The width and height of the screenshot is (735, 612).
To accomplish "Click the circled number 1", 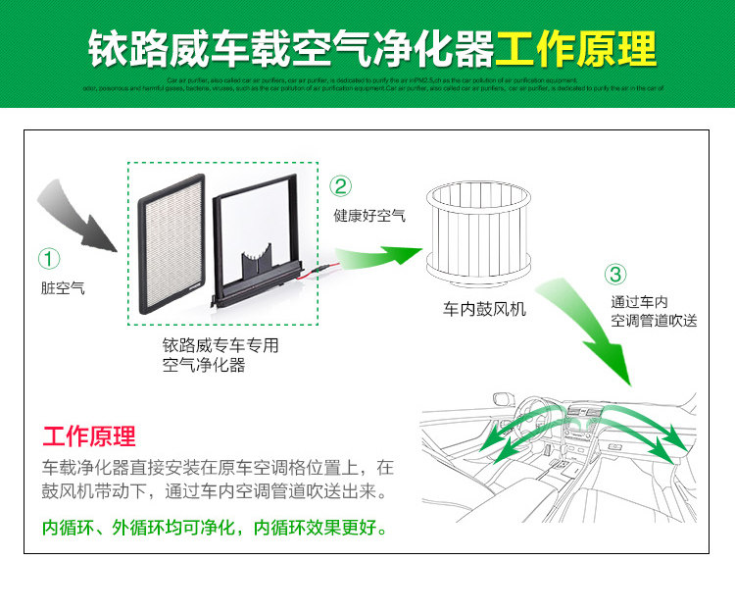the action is (49, 259).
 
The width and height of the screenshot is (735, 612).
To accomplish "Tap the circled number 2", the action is (341, 186).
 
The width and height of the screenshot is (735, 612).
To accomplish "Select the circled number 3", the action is (615, 275).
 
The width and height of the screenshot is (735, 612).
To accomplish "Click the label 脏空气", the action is (63, 288).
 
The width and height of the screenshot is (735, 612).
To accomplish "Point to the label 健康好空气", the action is (369, 215).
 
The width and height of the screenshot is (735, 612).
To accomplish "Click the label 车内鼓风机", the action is (484, 309).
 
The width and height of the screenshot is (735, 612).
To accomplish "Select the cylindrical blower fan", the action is (480, 229).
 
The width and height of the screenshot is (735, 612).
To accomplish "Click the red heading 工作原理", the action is (89, 435).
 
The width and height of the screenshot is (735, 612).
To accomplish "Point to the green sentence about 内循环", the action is (215, 527).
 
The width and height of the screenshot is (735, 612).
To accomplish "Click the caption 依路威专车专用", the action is (220, 345).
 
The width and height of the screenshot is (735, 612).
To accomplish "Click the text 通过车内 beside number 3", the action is (639, 302).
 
